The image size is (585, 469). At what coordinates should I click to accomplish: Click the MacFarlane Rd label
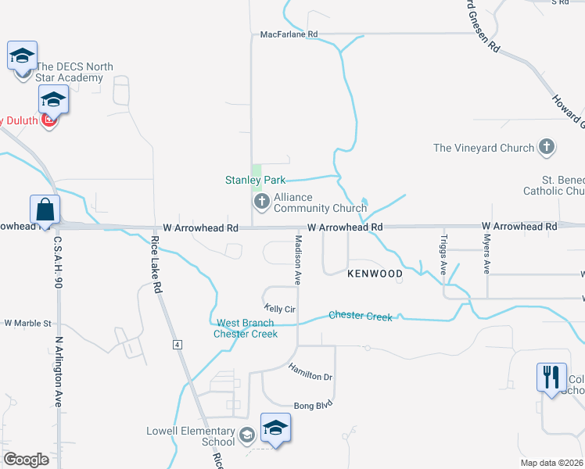coord(289,34)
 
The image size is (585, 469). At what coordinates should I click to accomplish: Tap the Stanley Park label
coord(255,180)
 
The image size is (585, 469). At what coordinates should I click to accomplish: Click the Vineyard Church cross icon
coord(547,147)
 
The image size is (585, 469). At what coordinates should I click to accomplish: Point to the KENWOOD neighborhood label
coord(375,274)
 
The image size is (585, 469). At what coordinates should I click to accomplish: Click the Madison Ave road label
coord(297,257)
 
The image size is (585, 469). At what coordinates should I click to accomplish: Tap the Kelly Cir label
coord(279,309)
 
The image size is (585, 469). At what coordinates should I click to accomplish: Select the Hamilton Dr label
coord(310,371)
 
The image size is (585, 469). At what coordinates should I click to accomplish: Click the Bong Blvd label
coord(313,405)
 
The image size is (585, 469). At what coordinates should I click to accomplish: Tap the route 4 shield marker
coord(178,344)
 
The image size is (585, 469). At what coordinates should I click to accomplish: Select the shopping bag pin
coord(45,209)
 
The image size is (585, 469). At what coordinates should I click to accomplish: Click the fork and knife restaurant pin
coord(551,377)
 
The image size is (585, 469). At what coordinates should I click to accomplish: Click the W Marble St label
coord(27,323)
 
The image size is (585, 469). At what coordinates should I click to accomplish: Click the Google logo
coord(26,460)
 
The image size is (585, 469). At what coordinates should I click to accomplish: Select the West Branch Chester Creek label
coord(246,328)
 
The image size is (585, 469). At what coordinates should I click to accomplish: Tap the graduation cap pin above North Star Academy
coord(22,55)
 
